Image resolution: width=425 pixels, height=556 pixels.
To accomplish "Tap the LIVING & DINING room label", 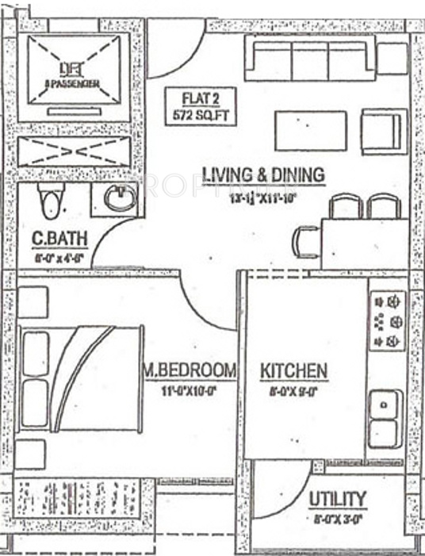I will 251,174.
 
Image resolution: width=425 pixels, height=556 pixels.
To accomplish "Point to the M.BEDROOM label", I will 190,370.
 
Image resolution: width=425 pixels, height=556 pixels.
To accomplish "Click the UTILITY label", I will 337,499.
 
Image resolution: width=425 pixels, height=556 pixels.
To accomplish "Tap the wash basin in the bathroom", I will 119,197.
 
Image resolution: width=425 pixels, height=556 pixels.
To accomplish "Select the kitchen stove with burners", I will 388,321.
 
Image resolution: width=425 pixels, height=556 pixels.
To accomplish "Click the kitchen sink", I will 385,418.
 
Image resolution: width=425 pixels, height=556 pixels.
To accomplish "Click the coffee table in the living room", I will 310,130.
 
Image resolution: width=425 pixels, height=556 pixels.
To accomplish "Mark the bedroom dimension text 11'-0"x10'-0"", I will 190,390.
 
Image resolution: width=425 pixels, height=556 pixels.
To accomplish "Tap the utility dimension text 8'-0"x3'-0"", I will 337,520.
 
